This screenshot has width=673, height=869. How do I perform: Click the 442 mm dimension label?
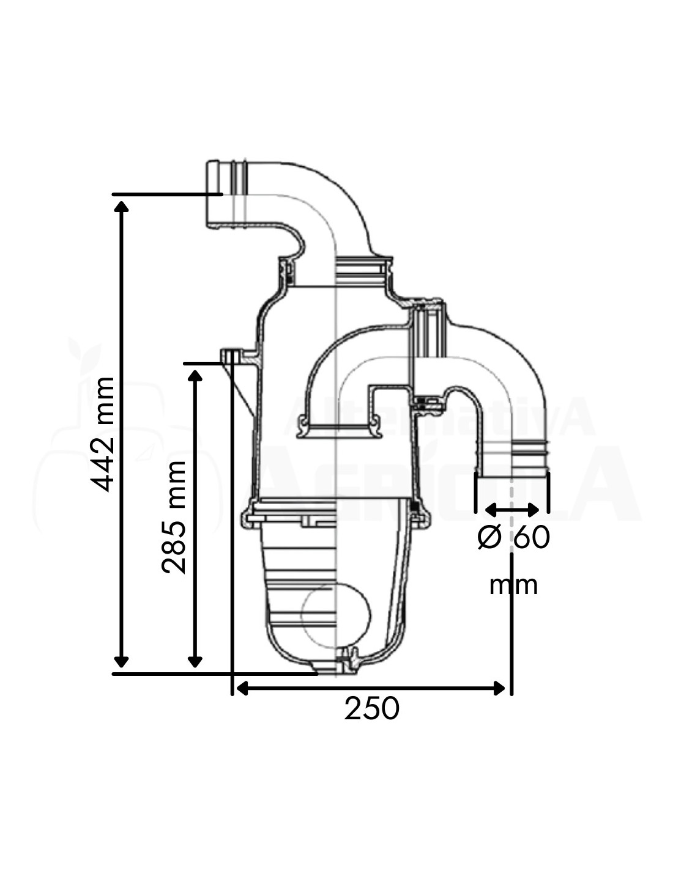coord(103,435)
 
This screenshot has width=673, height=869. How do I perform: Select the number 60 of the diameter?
coord(532,537)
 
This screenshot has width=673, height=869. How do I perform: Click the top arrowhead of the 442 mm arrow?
coord(121,205)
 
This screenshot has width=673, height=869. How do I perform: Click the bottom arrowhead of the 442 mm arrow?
coord(121,661)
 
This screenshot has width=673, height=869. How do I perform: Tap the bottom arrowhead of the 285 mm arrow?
coord(195,661)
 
